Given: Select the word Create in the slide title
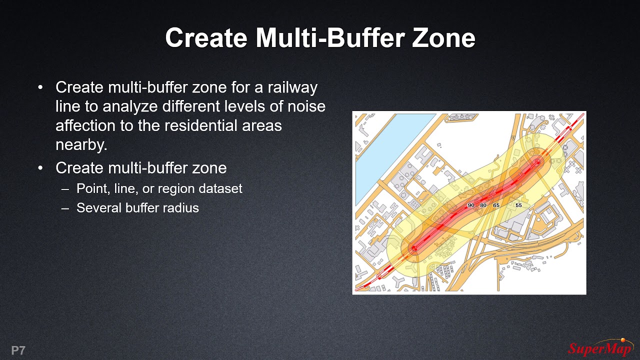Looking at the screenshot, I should click(x=206, y=38).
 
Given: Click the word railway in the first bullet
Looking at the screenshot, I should click(x=292, y=87).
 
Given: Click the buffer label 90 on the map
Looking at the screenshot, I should click(x=470, y=205).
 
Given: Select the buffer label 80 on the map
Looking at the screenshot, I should click(x=483, y=205).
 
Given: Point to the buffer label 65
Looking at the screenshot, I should click(x=496, y=205).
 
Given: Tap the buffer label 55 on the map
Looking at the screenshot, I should click(x=518, y=205).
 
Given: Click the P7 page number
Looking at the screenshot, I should click(x=18, y=350).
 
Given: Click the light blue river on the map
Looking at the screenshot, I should click(x=380, y=150).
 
